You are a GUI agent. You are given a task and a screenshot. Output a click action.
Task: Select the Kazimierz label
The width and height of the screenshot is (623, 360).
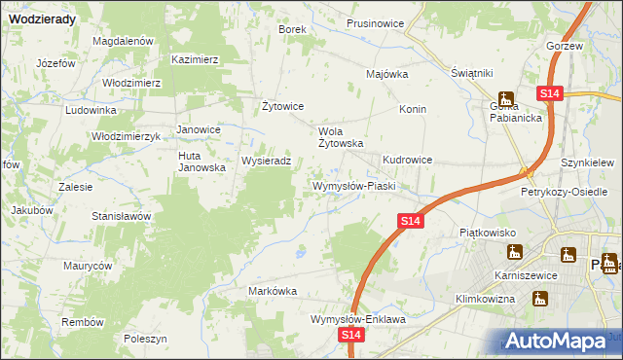tap(195, 59)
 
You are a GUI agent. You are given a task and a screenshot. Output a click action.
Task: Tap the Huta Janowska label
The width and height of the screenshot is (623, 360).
tap(202, 161)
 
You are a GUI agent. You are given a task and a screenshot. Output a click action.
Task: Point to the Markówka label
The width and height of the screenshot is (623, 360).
tap(273, 291)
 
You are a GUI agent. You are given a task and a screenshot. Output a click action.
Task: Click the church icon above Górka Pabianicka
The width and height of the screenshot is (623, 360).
tap(505, 97)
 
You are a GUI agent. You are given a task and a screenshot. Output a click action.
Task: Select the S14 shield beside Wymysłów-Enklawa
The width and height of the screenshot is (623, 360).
tap(352, 335)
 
